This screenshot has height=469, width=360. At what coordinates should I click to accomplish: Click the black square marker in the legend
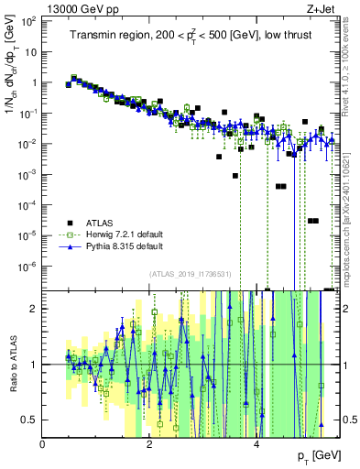point(70,223)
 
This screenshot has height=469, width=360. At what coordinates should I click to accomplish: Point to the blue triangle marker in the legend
point(70,246)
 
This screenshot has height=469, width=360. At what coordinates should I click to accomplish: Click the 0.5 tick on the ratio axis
point(29,420)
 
